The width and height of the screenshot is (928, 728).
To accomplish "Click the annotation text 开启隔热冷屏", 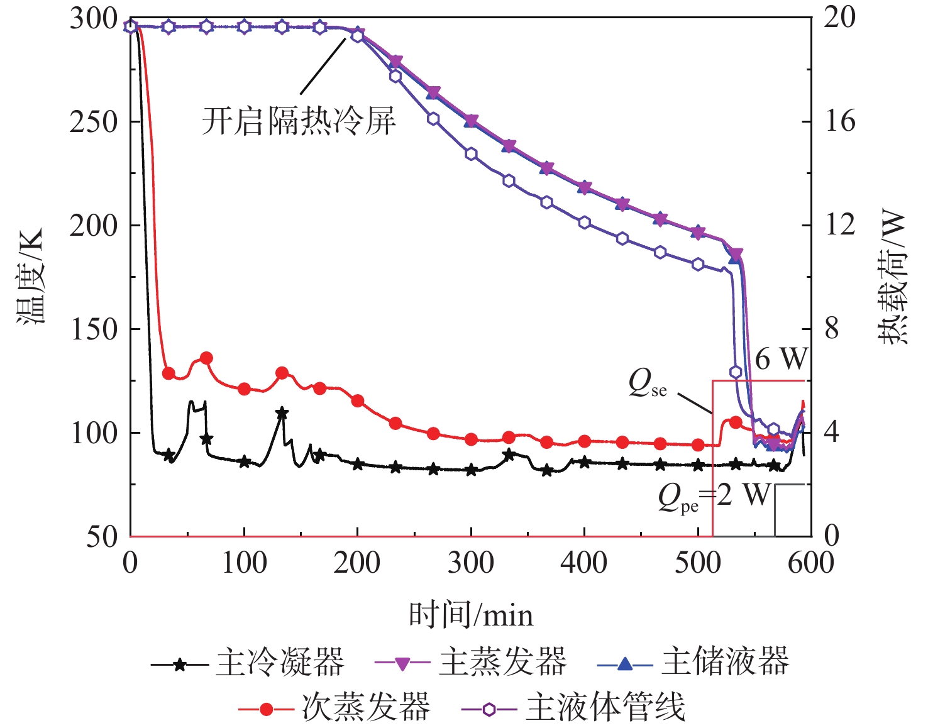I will coord(299,121).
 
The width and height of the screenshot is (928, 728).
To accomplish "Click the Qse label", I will coord(648,383).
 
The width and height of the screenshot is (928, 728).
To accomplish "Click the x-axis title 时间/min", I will coord(471,614).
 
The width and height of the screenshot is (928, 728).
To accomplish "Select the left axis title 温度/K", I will coord(31,277).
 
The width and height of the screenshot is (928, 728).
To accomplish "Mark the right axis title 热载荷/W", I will coord(893,277).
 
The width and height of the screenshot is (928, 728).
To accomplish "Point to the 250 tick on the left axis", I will coord(94,122).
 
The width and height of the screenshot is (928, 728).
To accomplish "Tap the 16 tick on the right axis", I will coord(840,122).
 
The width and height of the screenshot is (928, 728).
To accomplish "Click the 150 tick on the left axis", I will coord(94,329).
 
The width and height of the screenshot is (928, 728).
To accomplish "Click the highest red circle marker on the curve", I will coord(206,358).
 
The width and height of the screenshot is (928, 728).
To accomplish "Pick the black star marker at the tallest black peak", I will coord(282,413).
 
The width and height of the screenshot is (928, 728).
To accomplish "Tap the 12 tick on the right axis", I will coord(840,225).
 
